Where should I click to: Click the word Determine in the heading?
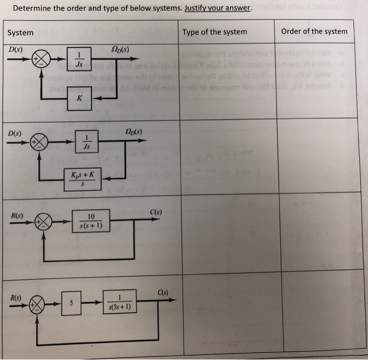tap(33, 8)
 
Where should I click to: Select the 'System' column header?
tap(21, 33)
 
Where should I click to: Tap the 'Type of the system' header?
tap(214, 32)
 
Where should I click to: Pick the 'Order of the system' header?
tap(314, 31)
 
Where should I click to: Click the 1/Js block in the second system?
tap(87, 145)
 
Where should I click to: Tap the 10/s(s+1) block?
tap(91, 222)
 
